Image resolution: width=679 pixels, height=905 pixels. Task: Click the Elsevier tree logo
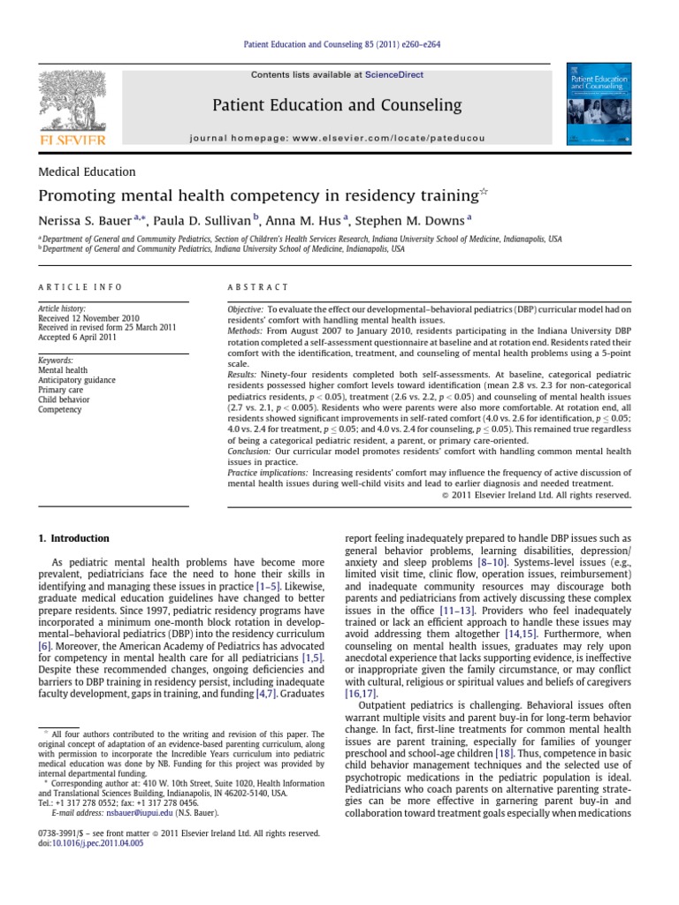72,100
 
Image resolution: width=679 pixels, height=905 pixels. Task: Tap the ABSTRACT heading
259,287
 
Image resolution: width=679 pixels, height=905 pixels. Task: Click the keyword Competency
59,410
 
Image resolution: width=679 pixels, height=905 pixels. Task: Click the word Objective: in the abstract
246,311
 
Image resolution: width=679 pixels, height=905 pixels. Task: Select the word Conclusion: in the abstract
253,452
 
